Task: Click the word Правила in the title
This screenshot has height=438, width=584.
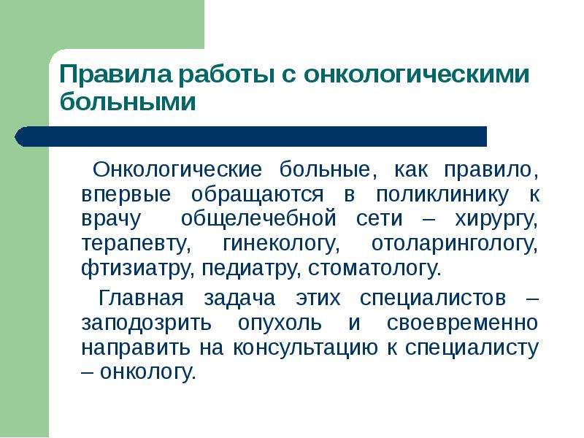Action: pos(116,74)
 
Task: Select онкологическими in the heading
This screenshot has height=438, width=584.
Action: pos(416,74)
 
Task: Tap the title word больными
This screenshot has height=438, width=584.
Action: pos(128,101)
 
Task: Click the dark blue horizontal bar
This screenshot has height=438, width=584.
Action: pos(250,137)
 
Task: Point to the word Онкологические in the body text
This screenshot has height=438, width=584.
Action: pos(177,169)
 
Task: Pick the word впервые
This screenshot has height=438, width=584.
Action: pos(126,195)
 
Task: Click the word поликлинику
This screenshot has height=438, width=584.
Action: pos(442,195)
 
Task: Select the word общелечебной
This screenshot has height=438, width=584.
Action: pos(258,219)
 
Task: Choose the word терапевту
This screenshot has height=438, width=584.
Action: pos(136,245)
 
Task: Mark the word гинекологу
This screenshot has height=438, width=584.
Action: pos(281,245)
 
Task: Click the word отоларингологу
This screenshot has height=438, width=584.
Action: pos(454,245)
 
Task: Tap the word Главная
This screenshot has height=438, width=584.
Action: pos(141,298)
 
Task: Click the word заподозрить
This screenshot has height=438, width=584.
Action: pos(146,323)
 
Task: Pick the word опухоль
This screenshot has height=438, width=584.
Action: pos(280,323)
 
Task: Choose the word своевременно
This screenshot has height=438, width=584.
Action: pos(462,323)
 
